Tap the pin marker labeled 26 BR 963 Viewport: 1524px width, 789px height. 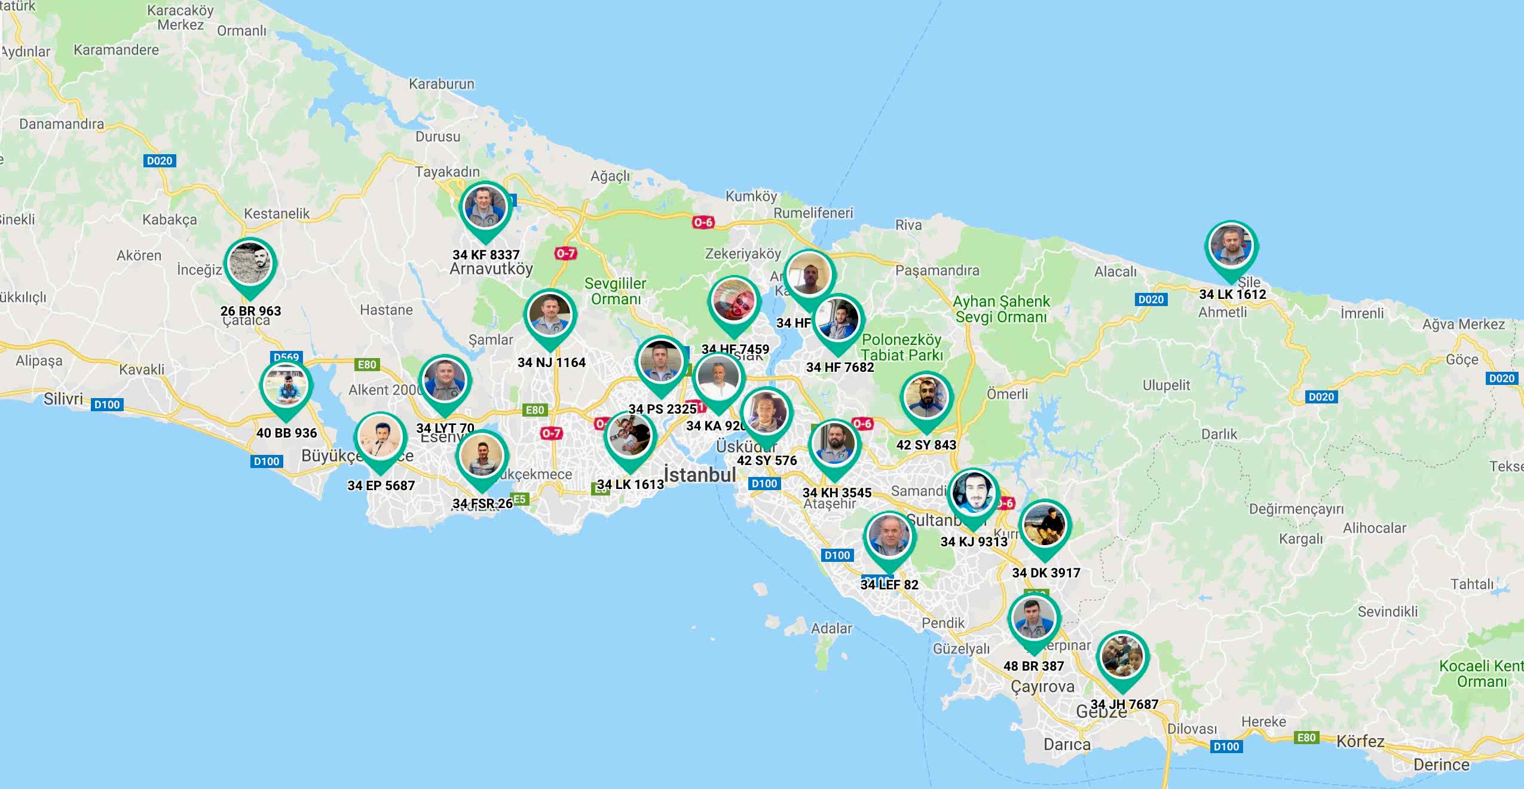coord(250,264)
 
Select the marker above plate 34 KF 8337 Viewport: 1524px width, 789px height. coord(485,207)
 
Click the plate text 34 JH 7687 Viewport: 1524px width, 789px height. coord(1124,704)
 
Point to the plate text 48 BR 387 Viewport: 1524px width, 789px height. coord(1033,666)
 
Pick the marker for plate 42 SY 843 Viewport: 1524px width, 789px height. coord(926,397)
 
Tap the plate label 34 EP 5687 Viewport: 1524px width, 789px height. coord(381,485)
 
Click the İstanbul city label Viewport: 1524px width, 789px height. coord(700,475)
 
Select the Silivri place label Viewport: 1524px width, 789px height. coord(63,399)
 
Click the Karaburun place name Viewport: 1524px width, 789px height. coord(441,84)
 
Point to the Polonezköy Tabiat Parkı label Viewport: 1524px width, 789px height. coord(901,347)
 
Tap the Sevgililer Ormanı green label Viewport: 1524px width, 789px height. coord(615,291)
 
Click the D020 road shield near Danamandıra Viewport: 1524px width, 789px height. coord(160,161)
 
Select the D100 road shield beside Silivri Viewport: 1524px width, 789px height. coord(107,405)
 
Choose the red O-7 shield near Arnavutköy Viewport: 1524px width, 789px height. coord(565,253)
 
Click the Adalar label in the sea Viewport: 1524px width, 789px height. coord(831,628)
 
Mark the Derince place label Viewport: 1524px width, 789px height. coord(1441,764)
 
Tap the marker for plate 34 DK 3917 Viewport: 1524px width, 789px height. coord(1045,525)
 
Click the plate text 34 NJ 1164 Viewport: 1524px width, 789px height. coord(551,362)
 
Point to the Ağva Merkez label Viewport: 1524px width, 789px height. coord(1463,324)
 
